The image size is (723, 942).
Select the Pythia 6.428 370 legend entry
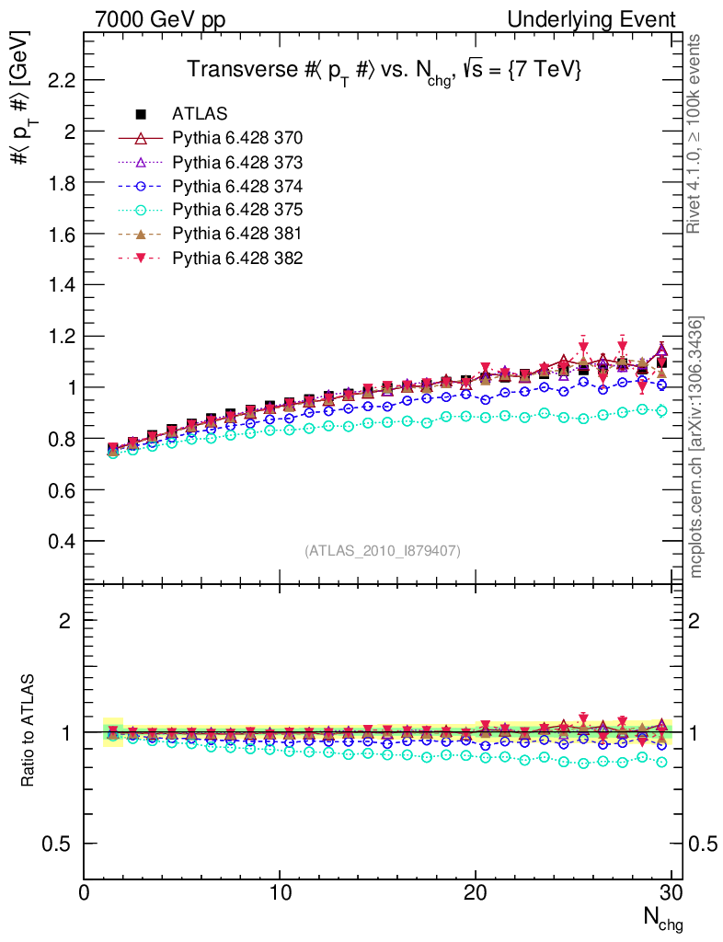click(x=237, y=138)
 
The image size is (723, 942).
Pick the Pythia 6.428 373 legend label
click(x=237, y=162)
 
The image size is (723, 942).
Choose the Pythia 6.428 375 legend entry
click(x=237, y=210)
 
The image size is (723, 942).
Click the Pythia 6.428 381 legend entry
click(x=237, y=234)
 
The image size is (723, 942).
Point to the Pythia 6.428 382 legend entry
click(x=237, y=258)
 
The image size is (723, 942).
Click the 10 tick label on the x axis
click(x=280, y=893)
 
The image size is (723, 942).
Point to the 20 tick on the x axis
click(x=476, y=893)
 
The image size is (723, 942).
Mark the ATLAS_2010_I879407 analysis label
click(x=383, y=551)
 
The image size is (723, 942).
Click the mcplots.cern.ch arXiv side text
click(x=697, y=447)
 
